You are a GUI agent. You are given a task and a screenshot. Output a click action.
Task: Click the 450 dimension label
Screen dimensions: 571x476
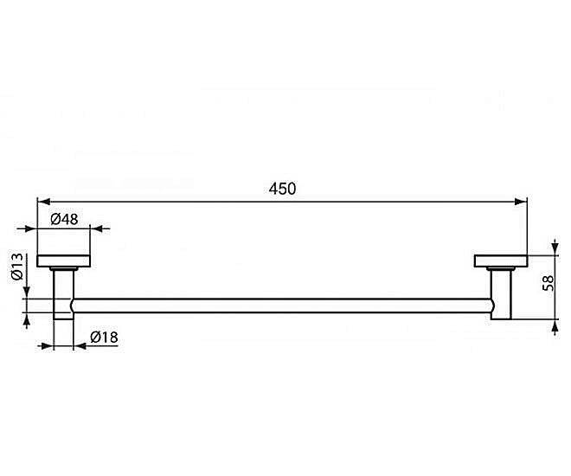[282, 189]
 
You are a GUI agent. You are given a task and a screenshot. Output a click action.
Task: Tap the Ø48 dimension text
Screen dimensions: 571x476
[64, 219]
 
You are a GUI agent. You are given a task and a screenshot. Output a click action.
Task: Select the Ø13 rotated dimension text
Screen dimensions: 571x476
[17, 267]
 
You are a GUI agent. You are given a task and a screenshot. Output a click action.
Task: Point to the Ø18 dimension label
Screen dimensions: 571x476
[104, 338]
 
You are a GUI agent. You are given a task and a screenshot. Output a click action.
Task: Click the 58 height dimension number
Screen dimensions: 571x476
[548, 283]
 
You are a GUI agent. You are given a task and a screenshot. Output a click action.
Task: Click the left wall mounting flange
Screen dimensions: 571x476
[64, 261]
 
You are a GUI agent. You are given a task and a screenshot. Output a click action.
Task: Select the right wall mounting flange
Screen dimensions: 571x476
[501, 261]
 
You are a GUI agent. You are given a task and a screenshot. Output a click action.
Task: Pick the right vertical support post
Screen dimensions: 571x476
[502, 294]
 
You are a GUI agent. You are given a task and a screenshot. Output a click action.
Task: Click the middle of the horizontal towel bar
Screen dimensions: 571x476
[282, 306]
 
